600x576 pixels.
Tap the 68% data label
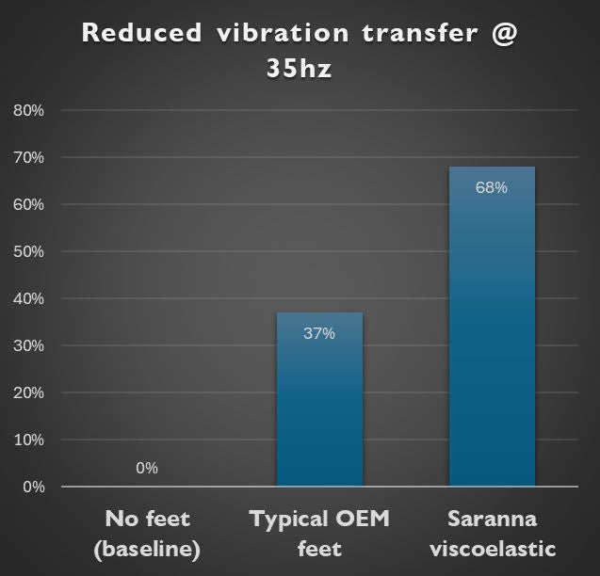pyautogui.click(x=492, y=187)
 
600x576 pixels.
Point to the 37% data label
pyautogui.click(x=319, y=333)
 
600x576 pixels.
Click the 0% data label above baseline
pyautogui.click(x=147, y=468)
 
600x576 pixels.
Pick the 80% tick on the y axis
pyautogui.click(x=29, y=111)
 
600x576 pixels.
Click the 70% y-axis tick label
pyautogui.click(x=29, y=158)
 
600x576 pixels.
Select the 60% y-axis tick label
pyautogui.click(x=29, y=205)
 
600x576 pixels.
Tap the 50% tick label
pyautogui.click(x=29, y=252)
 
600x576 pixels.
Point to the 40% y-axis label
pyautogui.click(x=29, y=299)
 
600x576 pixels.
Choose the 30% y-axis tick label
pyautogui.click(x=29, y=346)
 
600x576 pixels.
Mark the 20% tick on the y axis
pyautogui.click(x=29, y=393)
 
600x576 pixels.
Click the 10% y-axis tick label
pyautogui.click(x=29, y=440)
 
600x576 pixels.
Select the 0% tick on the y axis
pyautogui.click(x=33, y=488)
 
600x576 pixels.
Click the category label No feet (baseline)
pyautogui.click(x=148, y=534)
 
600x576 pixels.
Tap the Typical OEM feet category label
pyautogui.click(x=319, y=534)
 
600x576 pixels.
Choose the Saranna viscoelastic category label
pyautogui.click(x=492, y=534)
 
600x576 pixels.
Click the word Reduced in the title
pyautogui.click(x=141, y=33)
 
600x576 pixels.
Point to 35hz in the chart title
pyautogui.click(x=299, y=70)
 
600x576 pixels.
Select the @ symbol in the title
pyautogui.click(x=504, y=33)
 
